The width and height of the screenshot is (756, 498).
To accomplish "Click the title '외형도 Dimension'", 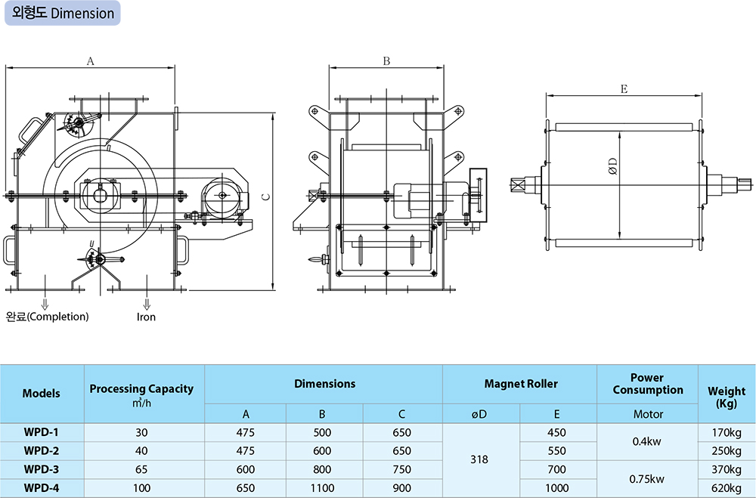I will pos(64,14).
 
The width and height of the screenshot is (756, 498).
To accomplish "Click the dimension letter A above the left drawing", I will pos(90,62).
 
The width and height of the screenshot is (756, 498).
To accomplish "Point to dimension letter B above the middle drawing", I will pos(386,62).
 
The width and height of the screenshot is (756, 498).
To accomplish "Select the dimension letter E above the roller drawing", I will pos(624,89).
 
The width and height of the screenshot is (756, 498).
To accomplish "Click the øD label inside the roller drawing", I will pos(613,166).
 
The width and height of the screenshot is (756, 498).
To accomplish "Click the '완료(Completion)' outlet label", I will pos(47,317).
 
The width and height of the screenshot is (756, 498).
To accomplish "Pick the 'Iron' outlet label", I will pos(146,317).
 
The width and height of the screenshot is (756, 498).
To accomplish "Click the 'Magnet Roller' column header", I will pos(521,384).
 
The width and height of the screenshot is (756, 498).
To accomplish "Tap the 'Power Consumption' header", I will pos(648,384).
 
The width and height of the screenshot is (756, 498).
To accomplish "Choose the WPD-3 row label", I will pos(41,470).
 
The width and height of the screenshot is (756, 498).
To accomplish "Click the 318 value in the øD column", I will pos(479,459).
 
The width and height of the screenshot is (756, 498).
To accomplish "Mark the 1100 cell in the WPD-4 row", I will pos(322,488).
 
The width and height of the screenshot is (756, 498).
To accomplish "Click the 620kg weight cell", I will pos(727,488).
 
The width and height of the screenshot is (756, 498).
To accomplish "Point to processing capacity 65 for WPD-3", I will pos(141,470).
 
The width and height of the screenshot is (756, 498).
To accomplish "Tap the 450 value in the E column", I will pos(556,433).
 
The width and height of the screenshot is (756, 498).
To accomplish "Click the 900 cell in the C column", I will pos(401,488).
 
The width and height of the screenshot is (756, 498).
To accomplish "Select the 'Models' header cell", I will pos(41,394).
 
